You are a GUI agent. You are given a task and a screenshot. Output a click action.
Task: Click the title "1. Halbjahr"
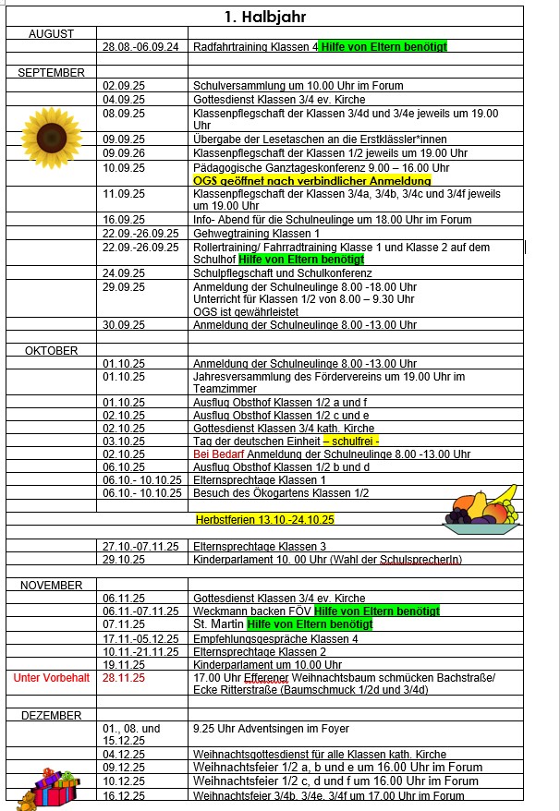pos(264,17)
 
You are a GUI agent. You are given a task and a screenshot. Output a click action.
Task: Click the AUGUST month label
pos(51,33)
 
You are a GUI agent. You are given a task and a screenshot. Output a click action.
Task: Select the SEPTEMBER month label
pos(51,72)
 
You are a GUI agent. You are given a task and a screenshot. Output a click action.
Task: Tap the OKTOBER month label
pos(51,350)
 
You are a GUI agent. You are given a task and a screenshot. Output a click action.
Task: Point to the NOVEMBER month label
pos(51,585)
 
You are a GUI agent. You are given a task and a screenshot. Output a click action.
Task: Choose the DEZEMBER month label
pos(51,715)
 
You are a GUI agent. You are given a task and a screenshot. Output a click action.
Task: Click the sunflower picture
pos(46,130)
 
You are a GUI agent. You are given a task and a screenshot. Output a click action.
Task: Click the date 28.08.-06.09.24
pos(140,46)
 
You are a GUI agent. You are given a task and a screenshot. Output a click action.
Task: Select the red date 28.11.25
pos(125,677)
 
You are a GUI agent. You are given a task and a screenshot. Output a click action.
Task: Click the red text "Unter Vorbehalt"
pos(51,677)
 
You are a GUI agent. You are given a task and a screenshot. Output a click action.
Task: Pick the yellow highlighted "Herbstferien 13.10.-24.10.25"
pos(264,520)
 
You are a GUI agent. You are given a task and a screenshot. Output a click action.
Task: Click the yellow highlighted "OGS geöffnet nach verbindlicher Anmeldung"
pos(312,181)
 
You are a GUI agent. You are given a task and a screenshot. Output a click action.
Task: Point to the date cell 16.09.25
pos(124,220)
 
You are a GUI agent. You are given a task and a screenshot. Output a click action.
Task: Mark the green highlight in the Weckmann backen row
pos(377,611)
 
